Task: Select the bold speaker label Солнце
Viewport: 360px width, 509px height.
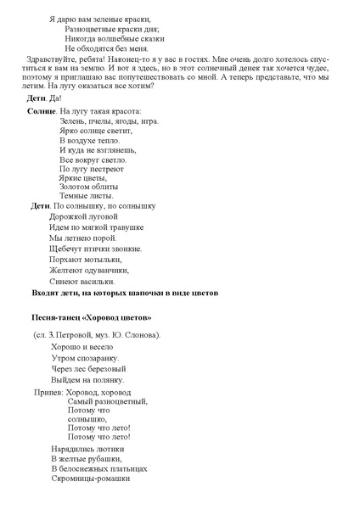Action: (x=42, y=112)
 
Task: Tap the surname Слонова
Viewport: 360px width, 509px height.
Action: (x=141, y=335)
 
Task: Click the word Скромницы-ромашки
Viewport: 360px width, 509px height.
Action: (x=90, y=478)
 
